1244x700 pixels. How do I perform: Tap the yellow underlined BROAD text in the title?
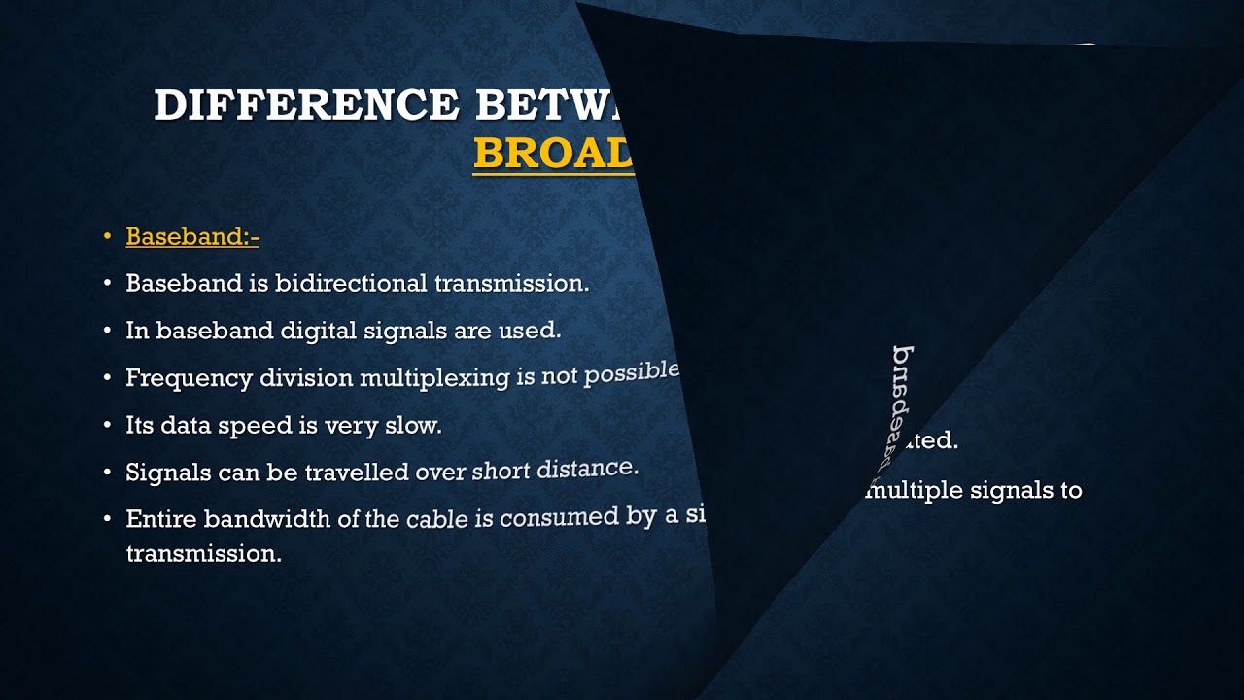[x=553, y=153]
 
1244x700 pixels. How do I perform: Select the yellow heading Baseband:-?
[x=192, y=236]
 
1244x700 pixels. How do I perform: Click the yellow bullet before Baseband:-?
[x=108, y=236]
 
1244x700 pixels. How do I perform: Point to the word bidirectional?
[x=351, y=283]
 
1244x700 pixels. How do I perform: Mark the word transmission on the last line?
[x=203, y=553]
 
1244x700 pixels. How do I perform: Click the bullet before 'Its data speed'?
[x=108, y=426]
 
